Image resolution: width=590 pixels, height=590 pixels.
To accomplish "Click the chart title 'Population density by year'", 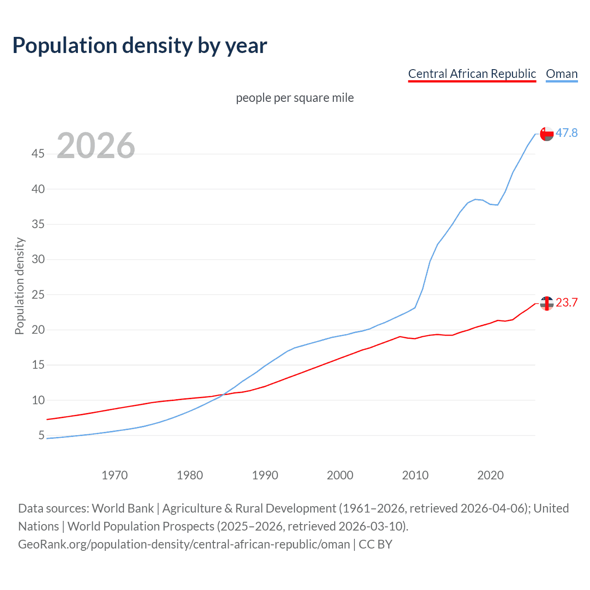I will coord(140,46).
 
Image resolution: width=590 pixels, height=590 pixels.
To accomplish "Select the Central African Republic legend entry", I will coord(472,74).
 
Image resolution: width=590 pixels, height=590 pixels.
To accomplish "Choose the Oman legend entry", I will coord(561,74).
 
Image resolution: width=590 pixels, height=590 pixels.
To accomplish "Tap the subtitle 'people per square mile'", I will coord(295,98).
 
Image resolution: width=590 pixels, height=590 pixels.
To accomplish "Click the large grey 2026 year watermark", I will coord(96,146).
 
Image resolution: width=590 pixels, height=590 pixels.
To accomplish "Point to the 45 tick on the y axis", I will coord(38,153).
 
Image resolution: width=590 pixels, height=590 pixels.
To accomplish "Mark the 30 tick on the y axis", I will coord(38,259).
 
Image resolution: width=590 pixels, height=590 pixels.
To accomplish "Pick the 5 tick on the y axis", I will coord(41,435).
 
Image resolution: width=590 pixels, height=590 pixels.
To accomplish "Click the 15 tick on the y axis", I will coord(38,365).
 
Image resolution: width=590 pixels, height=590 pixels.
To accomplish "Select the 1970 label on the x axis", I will coord(114,475).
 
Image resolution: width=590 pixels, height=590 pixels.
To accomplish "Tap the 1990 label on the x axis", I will coord(265,475).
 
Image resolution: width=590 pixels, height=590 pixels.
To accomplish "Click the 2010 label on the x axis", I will coord(415,475).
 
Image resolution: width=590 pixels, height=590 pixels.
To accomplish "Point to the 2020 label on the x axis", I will coord(490,475).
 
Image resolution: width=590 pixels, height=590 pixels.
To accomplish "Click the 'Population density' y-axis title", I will coord(19,286).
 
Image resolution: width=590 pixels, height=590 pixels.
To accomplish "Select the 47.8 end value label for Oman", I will coord(566,133).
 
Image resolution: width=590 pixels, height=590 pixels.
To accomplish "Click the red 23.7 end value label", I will coord(566,302).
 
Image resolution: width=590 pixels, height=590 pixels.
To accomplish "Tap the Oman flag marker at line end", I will coord(547,134).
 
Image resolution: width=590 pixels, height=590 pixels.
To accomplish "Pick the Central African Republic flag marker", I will coord(547,303).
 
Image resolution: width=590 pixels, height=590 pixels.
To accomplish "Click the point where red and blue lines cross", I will coord(223,395).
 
